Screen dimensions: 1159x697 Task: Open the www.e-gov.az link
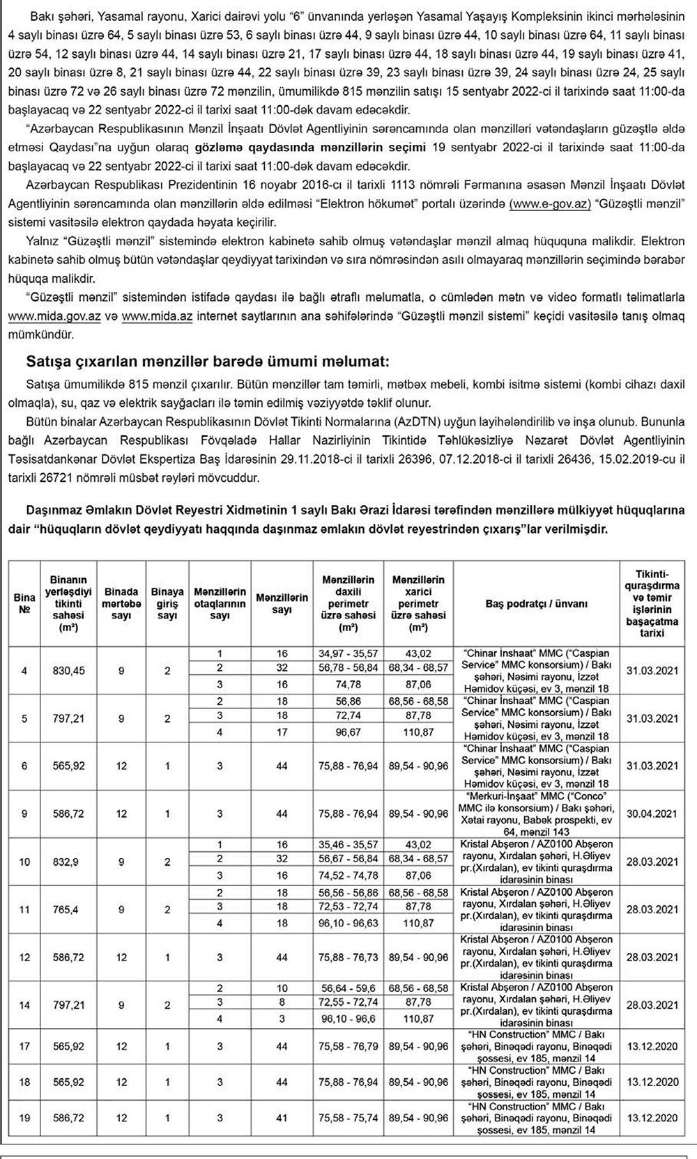click(x=550, y=203)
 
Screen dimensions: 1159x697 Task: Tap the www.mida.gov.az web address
click(x=54, y=316)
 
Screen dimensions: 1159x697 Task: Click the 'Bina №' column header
click(x=24, y=603)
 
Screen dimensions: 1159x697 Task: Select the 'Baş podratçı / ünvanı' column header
click(x=536, y=603)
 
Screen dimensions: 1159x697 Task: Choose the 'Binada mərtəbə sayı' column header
click(x=121, y=603)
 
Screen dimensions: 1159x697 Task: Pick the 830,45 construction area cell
click(x=69, y=671)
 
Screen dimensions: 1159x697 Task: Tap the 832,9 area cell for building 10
click(x=69, y=862)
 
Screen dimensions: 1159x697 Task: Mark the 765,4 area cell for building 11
click(x=69, y=909)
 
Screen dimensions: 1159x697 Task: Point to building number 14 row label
click(x=24, y=1005)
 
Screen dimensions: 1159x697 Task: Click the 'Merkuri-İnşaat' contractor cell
click(x=536, y=814)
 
